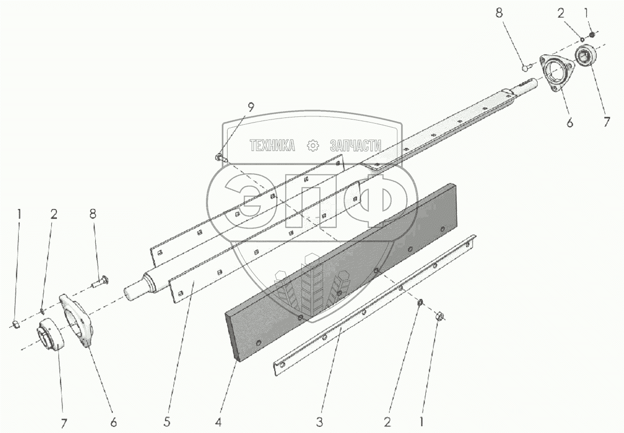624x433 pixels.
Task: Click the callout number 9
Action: (x=250, y=108)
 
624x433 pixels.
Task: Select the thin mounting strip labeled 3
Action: (x=373, y=305)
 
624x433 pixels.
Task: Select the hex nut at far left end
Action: (x=16, y=324)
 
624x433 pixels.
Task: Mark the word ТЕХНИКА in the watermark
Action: (x=272, y=146)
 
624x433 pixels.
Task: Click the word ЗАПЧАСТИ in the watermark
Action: (x=355, y=146)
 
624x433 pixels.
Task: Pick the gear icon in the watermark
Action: (x=313, y=146)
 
